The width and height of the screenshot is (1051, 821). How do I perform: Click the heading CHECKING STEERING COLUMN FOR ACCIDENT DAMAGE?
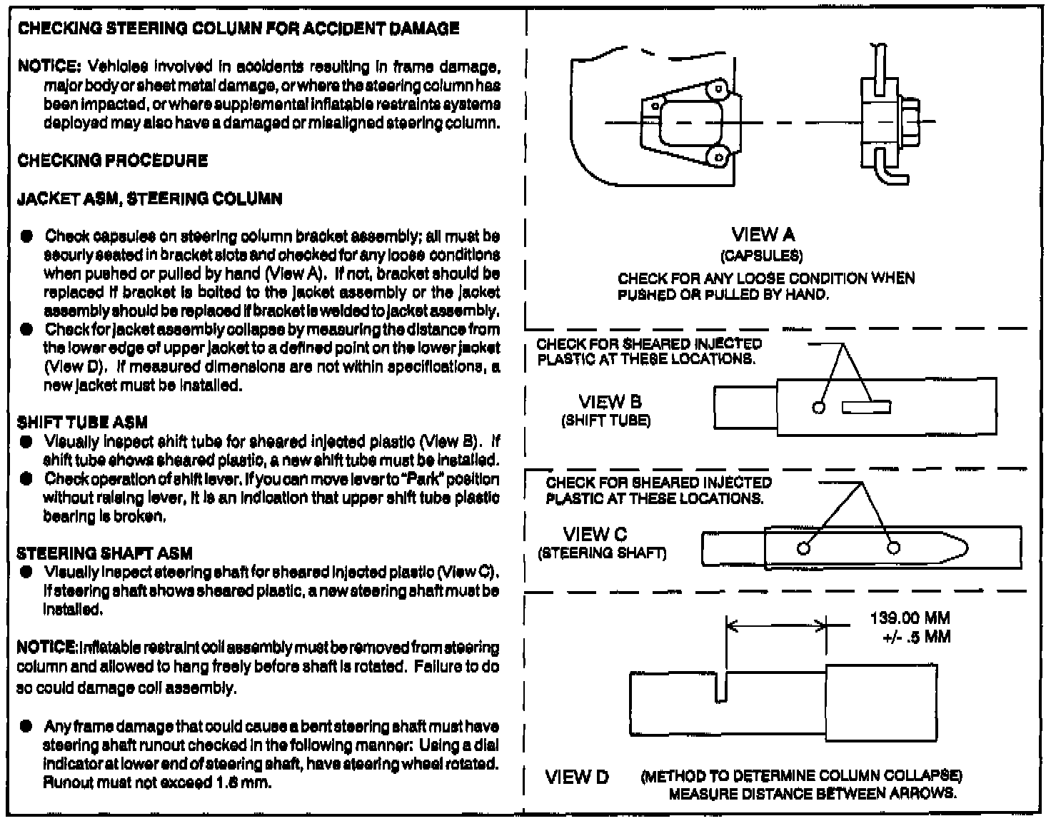click(x=238, y=29)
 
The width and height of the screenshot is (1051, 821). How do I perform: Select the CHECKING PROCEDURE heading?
click(x=113, y=160)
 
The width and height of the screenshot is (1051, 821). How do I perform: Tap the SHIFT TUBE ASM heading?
click(x=82, y=423)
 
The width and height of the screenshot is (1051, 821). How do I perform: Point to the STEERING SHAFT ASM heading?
click(x=104, y=553)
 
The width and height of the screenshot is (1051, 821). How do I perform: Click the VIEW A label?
click(x=763, y=235)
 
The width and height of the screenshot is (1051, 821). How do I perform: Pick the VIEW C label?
click(x=595, y=534)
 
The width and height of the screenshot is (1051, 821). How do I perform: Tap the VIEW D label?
click(x=577, y=777)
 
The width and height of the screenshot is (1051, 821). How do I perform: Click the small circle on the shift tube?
click(x=820, y=408)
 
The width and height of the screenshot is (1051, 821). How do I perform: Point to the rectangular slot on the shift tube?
click(x=865, y=407)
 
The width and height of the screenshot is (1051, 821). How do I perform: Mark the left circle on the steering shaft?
click(x=804, y=548)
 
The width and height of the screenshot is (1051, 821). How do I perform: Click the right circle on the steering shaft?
click(x=892, y=548)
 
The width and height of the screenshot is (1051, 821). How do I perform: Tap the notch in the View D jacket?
click(x=720, y=687)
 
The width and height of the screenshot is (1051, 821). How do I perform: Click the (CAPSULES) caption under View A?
click(x=761, y=256)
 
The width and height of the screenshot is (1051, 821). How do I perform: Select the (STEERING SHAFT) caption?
click(x=602, y=553)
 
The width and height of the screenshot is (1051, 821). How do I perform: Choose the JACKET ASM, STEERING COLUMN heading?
click(x=149, y=198)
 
